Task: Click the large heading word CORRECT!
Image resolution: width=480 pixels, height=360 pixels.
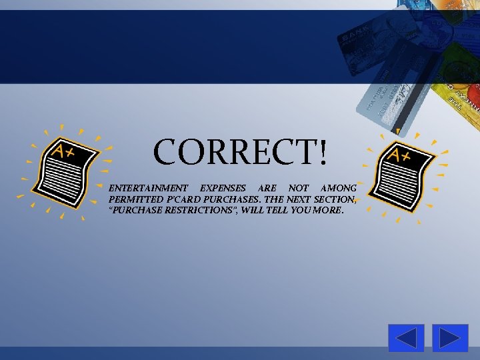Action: pos(240,152)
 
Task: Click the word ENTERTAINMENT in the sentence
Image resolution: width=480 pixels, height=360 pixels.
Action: pos(148,189)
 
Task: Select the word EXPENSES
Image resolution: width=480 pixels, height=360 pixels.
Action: pos(223,189)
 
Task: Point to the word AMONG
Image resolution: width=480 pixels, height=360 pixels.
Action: pos(339,189)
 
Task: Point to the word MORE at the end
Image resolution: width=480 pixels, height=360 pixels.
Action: pos(330,210)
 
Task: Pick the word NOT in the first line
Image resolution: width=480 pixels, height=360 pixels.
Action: pos(298,189)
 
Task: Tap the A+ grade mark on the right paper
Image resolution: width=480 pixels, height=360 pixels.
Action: pos(399,155)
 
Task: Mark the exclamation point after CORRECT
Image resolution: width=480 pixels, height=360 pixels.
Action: pos(323,153)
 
